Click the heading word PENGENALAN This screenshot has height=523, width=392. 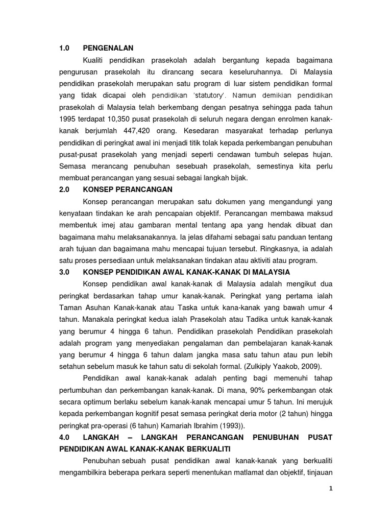tap(108, 48)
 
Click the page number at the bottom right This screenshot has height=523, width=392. tap(331, 488)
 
